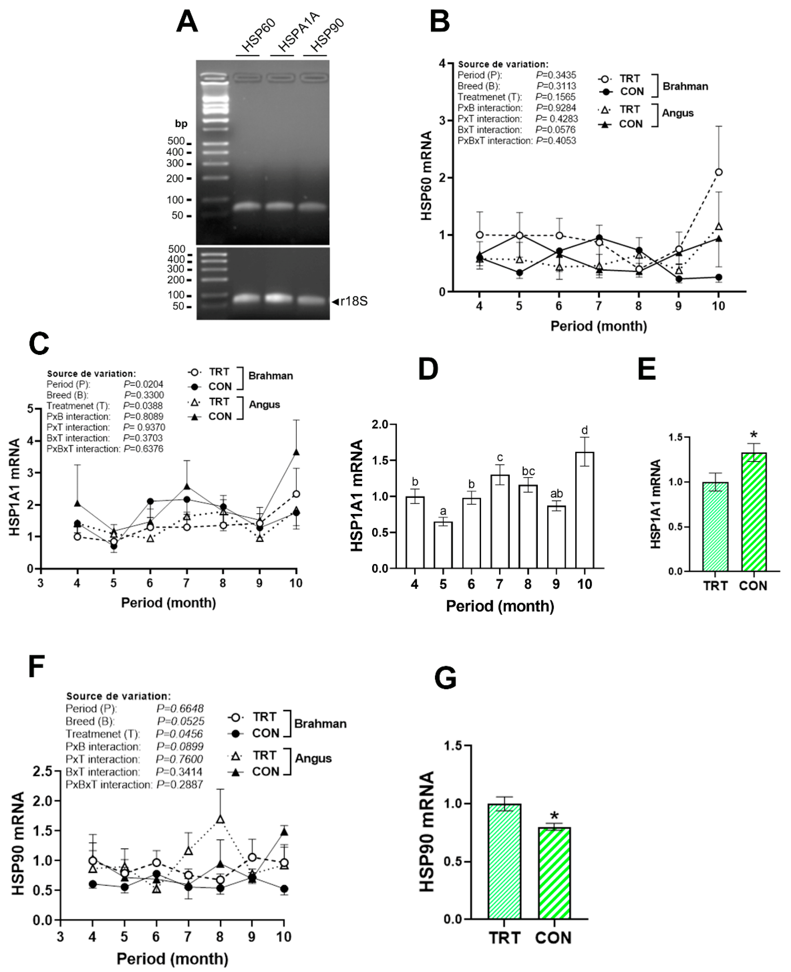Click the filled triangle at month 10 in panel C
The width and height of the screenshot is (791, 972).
pos(296,452)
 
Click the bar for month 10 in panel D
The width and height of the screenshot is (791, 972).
pos(584,510)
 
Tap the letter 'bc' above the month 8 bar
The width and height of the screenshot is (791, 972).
pos(528,471)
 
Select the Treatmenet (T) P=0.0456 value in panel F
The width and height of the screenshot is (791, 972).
pos(179,734)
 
